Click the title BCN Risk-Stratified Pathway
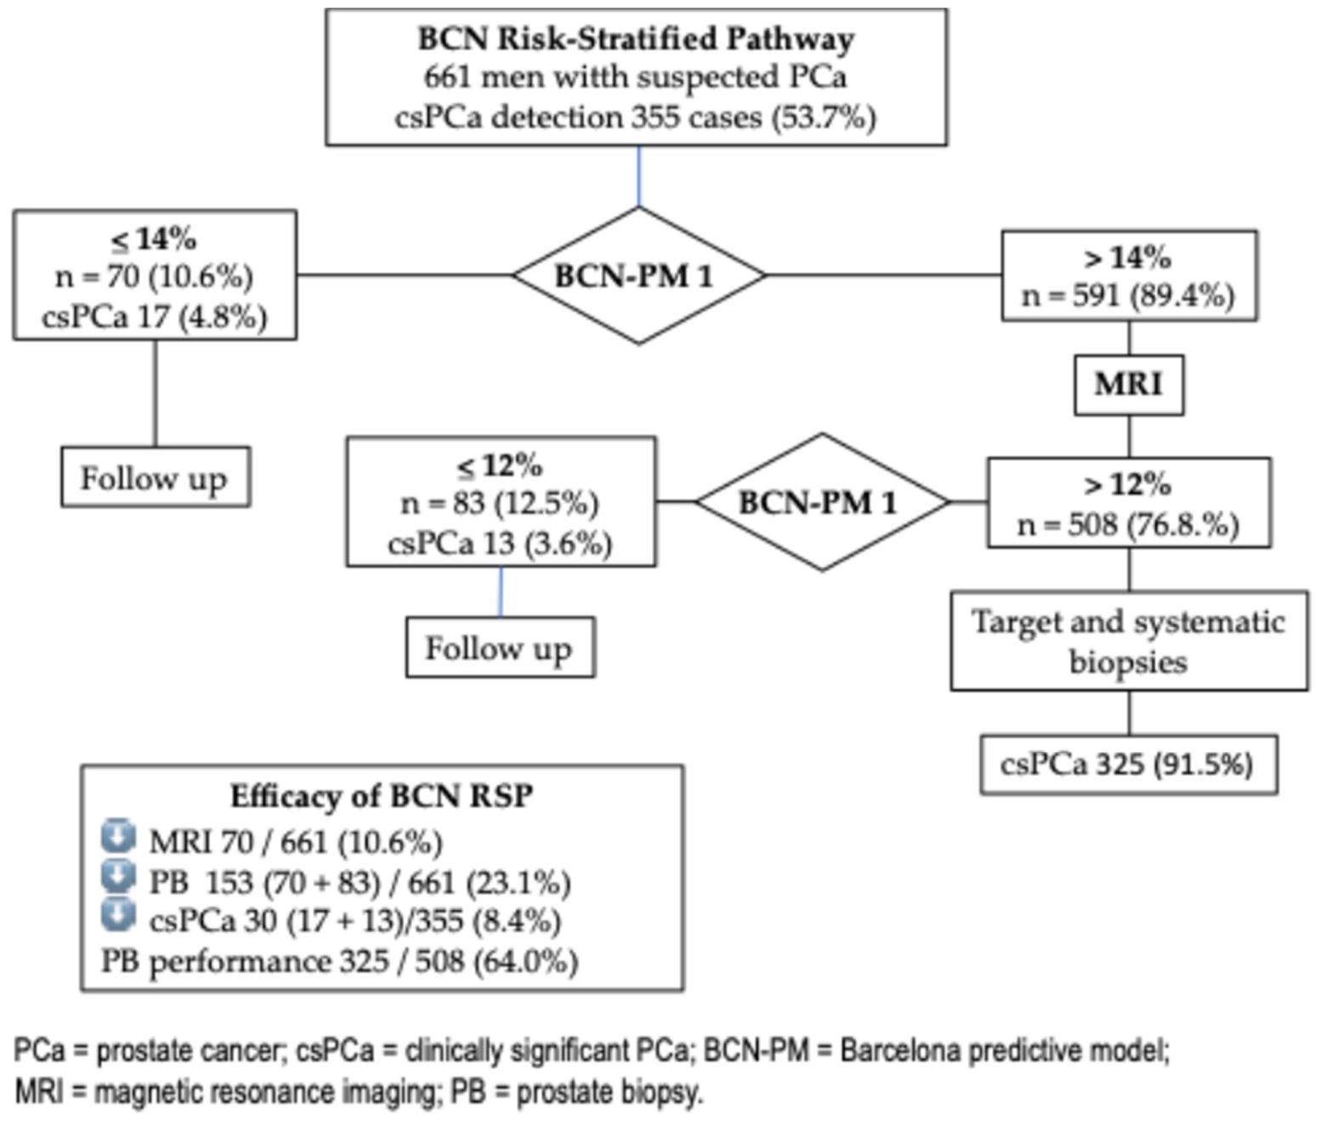point(636,39)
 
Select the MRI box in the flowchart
point(1129,385)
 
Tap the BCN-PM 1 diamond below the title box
point(638,276)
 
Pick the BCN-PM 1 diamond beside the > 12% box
point(823,502)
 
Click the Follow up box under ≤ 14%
point(156,477)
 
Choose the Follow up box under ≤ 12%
point(501,647)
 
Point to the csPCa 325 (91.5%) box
point(1129,765)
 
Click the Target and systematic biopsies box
point(1129,641)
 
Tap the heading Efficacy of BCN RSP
point(382,796)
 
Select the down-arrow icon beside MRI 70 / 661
point(118,837)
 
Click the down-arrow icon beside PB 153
point(118,877)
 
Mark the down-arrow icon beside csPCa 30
point(118,915)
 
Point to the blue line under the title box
point(639,177)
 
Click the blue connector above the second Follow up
point(501,591)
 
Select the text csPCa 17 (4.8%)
point(155,317)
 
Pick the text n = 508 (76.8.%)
point(1129,525)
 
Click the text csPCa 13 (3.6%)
point(500,544)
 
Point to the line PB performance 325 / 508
point(340,961)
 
